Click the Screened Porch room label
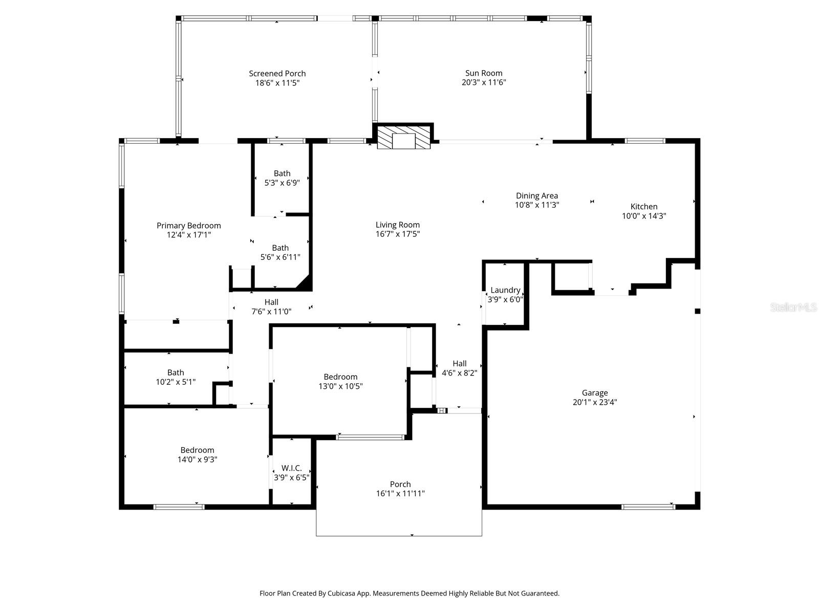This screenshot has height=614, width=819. click(277, 74)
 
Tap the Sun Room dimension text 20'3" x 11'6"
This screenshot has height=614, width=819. click(484, 82)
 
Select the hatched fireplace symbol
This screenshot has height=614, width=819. click(404, 137)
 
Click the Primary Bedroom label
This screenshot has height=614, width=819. click(188, 226)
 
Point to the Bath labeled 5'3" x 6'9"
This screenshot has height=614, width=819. click(282, 178)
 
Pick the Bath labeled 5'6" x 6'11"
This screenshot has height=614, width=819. click(280, 252)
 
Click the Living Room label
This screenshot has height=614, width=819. click(397, 225)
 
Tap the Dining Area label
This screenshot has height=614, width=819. click(536, 195)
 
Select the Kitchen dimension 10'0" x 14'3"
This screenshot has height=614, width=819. click(643, 216)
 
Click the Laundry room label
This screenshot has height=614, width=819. click(505, 290)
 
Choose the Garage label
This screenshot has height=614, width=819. click(594, 393)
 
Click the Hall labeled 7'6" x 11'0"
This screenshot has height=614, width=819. click(271, 306)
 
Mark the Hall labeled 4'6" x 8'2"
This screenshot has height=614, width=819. click(459, 368)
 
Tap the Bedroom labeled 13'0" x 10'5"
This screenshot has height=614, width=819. click(340, 381)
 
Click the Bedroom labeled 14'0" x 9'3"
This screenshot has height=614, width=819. click(197, 455)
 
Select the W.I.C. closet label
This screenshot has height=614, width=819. click(291, 468)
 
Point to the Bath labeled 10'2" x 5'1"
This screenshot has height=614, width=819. click(176, 377)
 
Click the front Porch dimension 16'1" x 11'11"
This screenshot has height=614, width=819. click(400, 494)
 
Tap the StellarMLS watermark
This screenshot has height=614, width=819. click(793, 307)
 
